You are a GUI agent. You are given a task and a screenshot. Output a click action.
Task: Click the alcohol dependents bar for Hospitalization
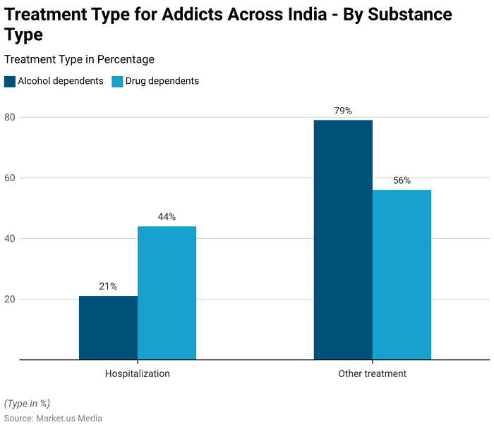click(x=108, y=328)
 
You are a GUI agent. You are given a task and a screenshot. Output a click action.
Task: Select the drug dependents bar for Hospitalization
click(x=167, y=292)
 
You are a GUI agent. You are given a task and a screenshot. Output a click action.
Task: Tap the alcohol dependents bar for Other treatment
click(x=343, y=240)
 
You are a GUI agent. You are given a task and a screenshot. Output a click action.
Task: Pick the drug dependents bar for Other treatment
click(x=402, y=275)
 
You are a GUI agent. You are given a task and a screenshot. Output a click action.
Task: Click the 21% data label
click(x=108, y=286)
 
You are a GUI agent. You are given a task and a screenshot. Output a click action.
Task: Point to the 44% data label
click(x=167, y=216)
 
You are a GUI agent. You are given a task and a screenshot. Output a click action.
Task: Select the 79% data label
click(x=343, y=111)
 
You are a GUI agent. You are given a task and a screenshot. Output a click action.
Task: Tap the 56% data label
click(x=402, y=180)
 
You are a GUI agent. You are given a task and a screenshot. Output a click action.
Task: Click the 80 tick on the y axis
click(x=10, y=117)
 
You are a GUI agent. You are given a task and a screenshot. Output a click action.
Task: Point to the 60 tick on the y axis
click(x=10, y=178)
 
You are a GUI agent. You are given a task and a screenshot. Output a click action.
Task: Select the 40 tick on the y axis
click(x=10, y=238)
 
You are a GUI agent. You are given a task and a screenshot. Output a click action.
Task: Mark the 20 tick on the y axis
click(x=10, y=299)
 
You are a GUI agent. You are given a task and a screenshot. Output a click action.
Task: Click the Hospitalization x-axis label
click(x=137, y=373)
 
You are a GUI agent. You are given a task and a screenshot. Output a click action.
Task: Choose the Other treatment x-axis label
click(x=372, y=373)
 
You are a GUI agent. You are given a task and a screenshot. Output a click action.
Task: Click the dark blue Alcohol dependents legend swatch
click(x=10, y=81)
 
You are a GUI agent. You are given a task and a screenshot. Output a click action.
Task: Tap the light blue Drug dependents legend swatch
click(x=117, y=81)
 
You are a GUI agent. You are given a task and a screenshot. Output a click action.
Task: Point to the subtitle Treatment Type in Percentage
click(x=79, y=59)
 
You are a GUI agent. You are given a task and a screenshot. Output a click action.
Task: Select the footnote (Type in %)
click(x=27, y=403)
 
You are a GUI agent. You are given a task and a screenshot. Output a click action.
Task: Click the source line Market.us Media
click(x=53, y=418)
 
